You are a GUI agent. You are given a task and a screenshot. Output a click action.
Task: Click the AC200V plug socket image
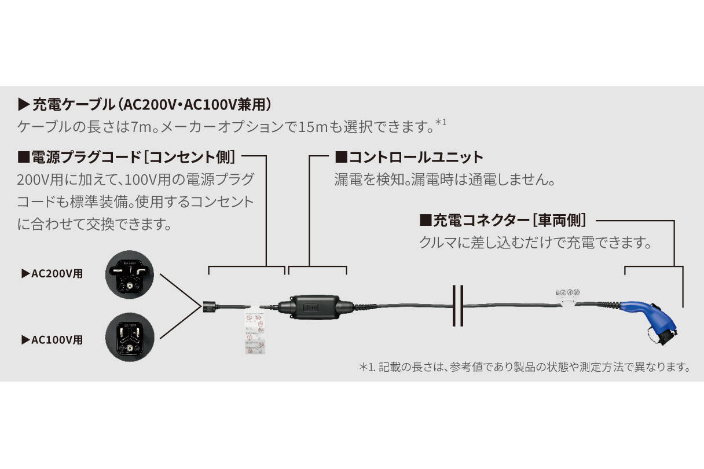[x=130, y=274]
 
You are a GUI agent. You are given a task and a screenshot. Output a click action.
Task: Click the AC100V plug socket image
[x=130, y=338]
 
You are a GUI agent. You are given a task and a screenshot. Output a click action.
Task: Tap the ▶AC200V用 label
[x=52, y=274]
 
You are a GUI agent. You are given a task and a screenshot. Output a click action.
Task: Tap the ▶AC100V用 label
[x=52, y=340]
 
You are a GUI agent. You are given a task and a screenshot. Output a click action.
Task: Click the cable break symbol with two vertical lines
[x=457, y=306]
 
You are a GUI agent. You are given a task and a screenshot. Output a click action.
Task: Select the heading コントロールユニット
[x=409, y=157]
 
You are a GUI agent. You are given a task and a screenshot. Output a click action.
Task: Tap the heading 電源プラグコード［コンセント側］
[x=127, y=157]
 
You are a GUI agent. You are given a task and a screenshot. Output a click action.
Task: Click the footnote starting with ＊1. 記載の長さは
[x=525, y=367]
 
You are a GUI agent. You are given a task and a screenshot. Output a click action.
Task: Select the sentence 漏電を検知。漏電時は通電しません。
[x=445, y=179]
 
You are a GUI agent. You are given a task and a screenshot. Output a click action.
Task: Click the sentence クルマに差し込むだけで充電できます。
[x=536, y=243]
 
